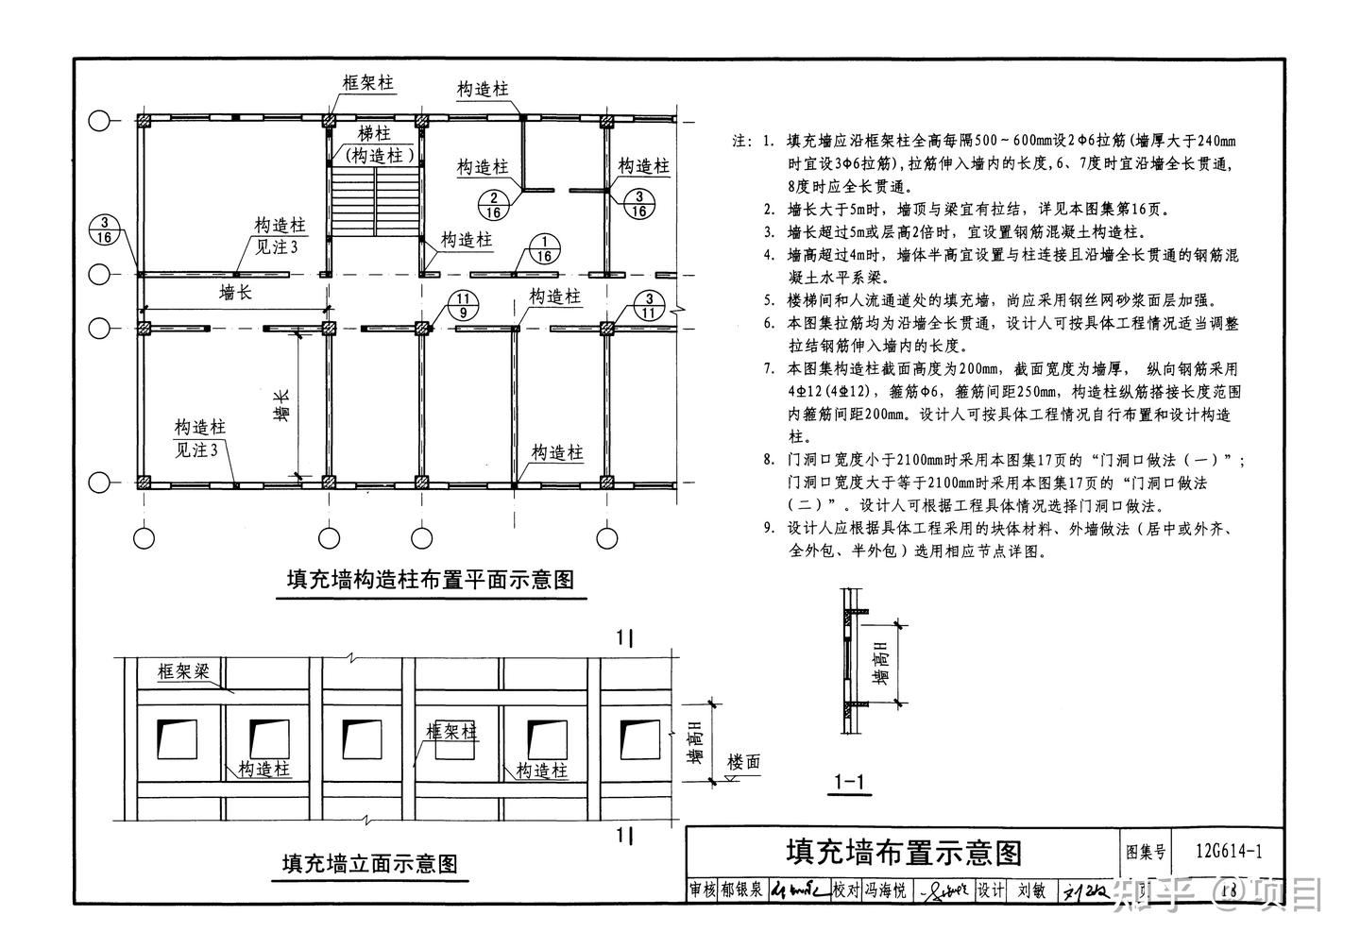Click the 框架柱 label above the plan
point(367,83)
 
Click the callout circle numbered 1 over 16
point(544,248)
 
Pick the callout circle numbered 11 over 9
point(467,305)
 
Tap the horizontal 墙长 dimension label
point(236,293)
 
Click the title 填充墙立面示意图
point(370,863)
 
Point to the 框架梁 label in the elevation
point(183,672)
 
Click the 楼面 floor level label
point(743,763)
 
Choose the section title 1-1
point(851,782)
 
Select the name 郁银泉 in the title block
point(741,890)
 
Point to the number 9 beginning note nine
point(769,529)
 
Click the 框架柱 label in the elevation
point(451,732)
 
